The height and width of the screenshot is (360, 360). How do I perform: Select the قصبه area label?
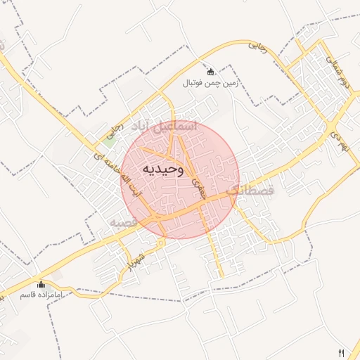pos(122,222)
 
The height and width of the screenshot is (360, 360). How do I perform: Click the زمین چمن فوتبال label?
pos(210,83)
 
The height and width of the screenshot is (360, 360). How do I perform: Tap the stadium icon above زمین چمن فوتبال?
pos(210,72)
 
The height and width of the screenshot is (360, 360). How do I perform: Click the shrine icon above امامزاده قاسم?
pos(41,285)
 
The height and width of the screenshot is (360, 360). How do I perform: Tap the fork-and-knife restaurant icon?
pos(342,352)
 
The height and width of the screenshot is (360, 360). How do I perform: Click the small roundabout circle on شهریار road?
pos(162,243)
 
